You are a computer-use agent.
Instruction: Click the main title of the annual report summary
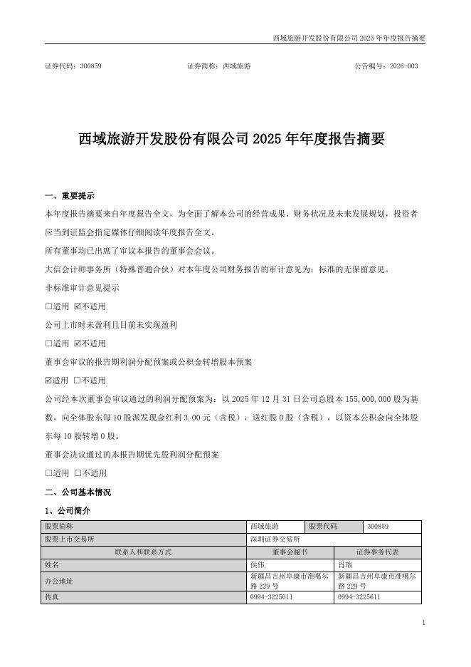click(231, 139)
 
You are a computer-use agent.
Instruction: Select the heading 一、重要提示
click(69, 196)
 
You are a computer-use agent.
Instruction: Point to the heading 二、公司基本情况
click(78, 492)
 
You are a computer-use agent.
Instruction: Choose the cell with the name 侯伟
click(257, 564)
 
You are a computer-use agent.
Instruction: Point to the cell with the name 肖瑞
click(345, 564)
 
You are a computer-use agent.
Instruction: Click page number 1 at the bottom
click(423, 623)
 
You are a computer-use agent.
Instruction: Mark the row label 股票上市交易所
click(69, 539)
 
